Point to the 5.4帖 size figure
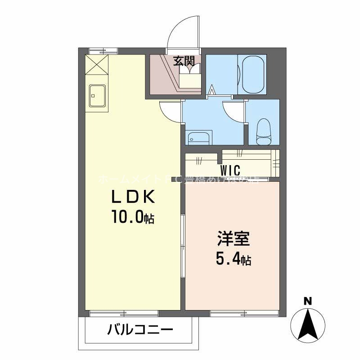pos(233,259)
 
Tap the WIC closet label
pos(230,171)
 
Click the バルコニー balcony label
pos(140,331)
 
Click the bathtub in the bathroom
pos(252,74)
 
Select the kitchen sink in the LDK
pos(97,95)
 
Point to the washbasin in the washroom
pos(198,138)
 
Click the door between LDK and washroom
pos(171,111)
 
